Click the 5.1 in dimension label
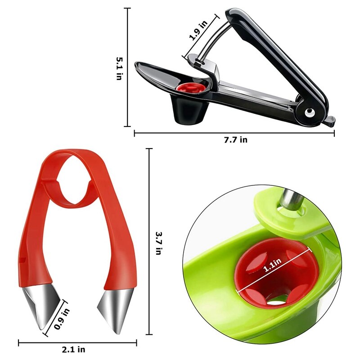pos(119,68)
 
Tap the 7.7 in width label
pos(235,140)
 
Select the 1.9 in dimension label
pos(198,30)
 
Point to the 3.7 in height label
pos(159,243)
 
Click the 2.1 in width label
pos(73,350)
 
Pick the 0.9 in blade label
pos(62,319)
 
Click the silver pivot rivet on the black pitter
pos(309,112)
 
